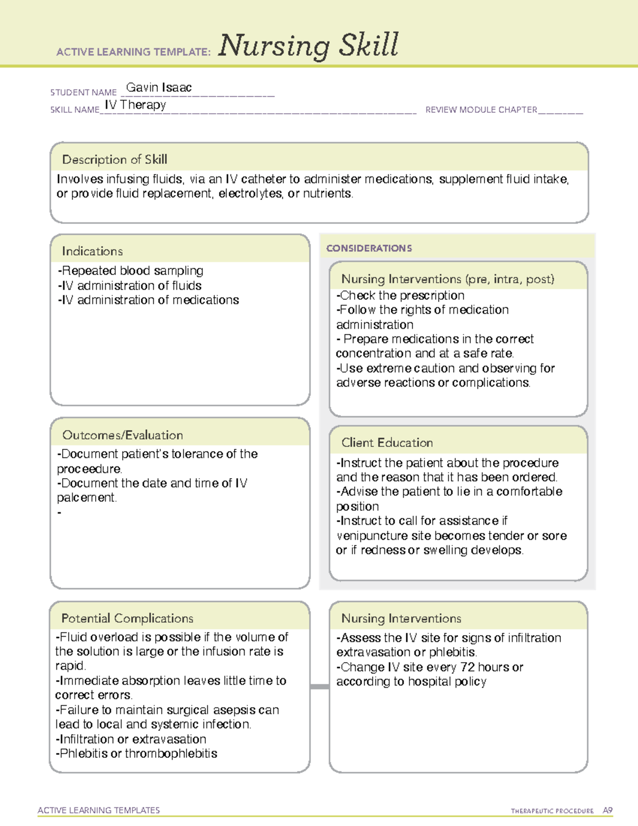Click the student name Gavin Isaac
(x=158, y=88)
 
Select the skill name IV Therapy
(x=136, y=105)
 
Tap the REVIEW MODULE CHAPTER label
(x=481, y=110)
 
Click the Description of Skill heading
(x=114, y=160)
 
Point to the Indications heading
(x=92, y=251)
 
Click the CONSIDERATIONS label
(x=369, y=248)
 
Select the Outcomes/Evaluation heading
(x=122, y=435)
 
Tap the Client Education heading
(x=387, y=443)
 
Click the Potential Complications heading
(x=127, y=618)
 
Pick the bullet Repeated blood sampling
(x=131, y=271)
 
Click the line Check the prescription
(x=400, y=295)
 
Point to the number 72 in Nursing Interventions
(x=466, y=667)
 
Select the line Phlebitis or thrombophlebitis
(x=137, y=754)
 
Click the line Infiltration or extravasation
(x=131, y=739)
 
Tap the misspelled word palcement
(x=86, y=498)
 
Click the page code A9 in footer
(x=608, y=811)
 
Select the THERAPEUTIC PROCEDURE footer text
(x=552, y=811)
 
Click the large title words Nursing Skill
(x=308, y=45)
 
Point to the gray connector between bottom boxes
(x=320, y=687)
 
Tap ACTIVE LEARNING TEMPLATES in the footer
(x=99, y=810)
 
